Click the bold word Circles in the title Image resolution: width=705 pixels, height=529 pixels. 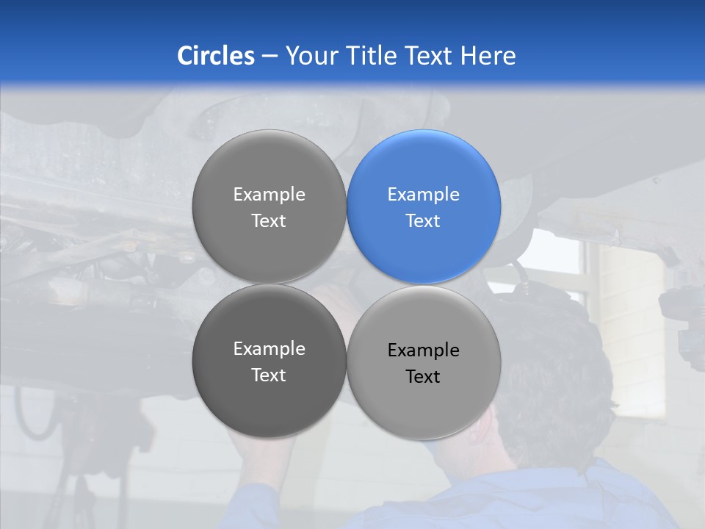216,56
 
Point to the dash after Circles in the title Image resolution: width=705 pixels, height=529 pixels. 269,57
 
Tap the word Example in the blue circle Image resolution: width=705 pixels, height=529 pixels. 424,194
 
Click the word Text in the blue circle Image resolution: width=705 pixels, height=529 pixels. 424,220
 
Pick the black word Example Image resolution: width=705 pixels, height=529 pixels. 424,350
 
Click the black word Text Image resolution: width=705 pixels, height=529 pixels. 424,376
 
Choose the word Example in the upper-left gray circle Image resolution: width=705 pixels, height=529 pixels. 270,194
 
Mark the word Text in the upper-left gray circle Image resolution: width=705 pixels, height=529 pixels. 270,220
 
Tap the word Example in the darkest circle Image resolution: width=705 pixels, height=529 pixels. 270,348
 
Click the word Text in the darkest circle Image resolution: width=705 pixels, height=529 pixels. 270,375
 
